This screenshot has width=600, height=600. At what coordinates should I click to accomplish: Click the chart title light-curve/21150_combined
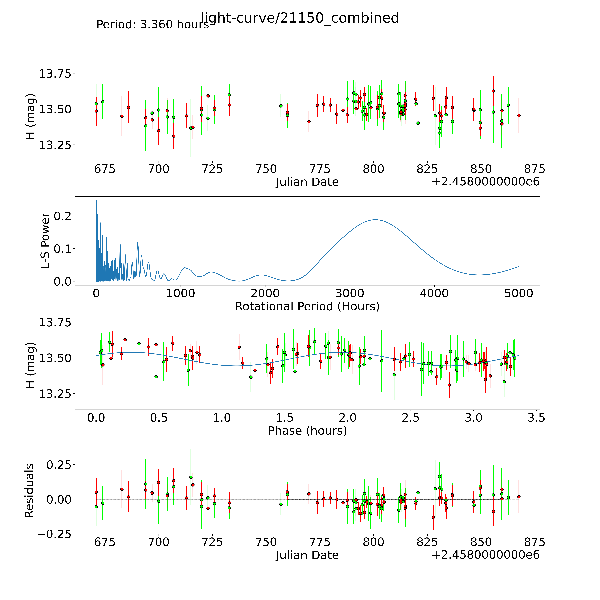coord(300,18)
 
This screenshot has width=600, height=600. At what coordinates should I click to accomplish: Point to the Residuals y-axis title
coord(30,491)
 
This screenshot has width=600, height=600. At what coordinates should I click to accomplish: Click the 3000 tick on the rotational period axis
coord(350,293)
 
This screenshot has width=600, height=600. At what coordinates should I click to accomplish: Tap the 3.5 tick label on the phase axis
coord(536,418)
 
